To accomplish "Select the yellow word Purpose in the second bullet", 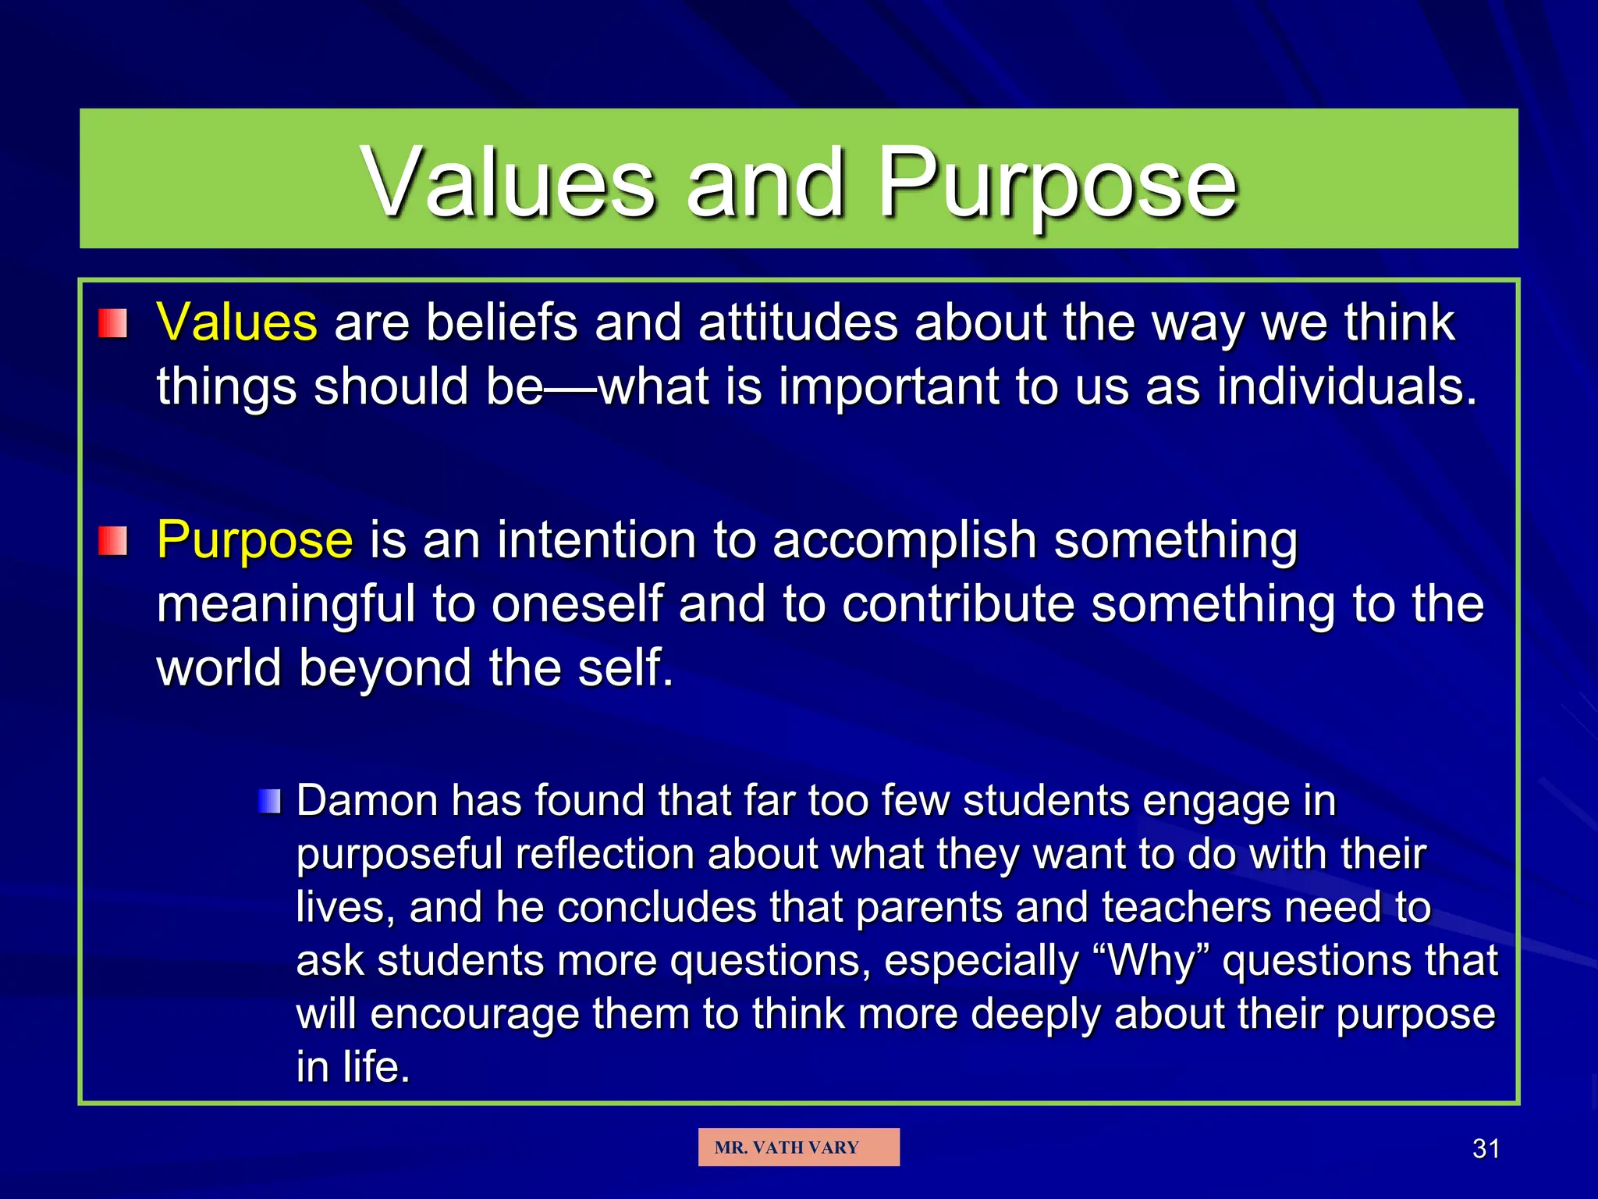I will (x=254, y=540).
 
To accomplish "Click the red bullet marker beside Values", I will (x=113, y=323).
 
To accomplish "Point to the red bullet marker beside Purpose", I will (x=113, y=541).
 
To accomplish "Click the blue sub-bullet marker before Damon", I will (x=269, y=801).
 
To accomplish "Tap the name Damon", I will (x=367, y=801).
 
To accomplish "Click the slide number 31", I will (x=1486, y=1149).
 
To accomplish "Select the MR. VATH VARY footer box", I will (x=798, y=1147).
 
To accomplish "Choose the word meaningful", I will (x=286, y=605).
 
